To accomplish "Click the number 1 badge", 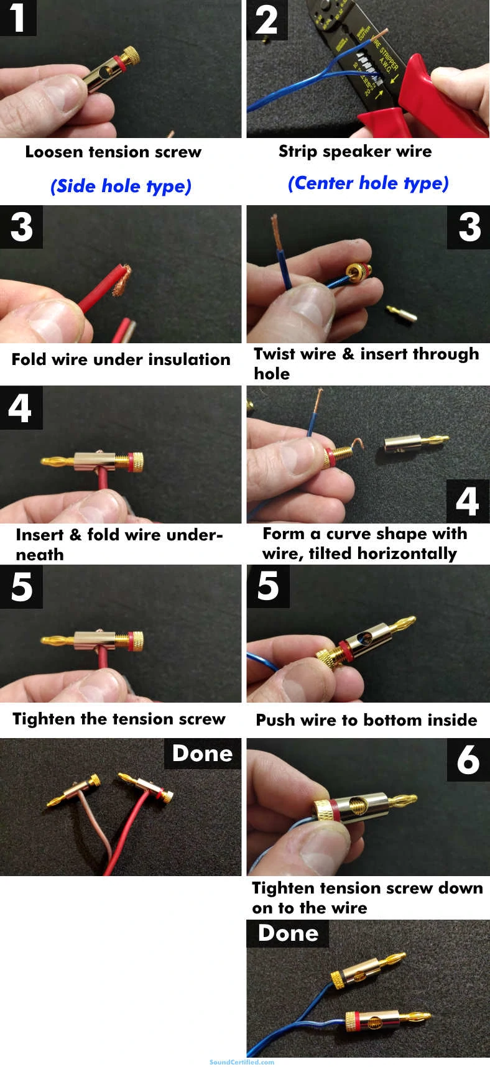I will pos(17,17).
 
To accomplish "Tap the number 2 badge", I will pos(267,20).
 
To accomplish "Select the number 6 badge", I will pos(468,759).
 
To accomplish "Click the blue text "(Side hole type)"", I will pos(121,186).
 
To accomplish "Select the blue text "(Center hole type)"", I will pos(367,183).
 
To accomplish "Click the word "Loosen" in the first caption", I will pos(54,152).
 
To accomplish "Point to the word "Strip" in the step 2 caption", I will pos(297,152).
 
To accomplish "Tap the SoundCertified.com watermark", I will pos(242,1062).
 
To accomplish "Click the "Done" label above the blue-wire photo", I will pos(287,933).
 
